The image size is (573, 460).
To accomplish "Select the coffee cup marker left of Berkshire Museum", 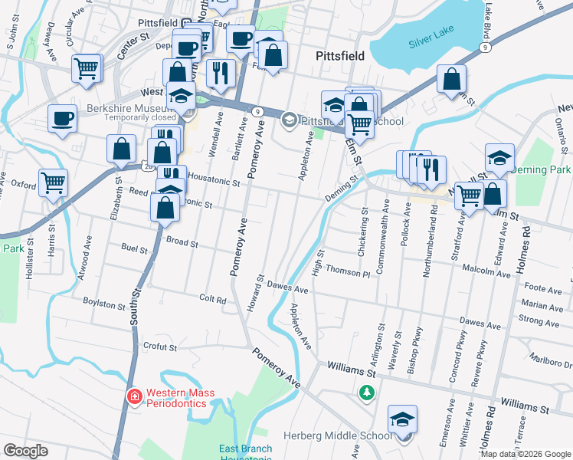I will pos(62,120).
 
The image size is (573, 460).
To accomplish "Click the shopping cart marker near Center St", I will pos(87,68).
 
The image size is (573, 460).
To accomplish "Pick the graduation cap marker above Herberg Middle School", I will pos(402,420).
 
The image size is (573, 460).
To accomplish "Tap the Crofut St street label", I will pos(160,347).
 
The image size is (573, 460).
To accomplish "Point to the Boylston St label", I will pos(104,304).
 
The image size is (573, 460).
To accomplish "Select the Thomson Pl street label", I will pos(347,269).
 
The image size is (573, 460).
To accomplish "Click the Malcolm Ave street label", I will pos(472,268).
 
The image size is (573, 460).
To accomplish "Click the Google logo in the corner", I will pos(26,451).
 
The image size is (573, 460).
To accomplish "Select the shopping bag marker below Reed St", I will pos(165,206).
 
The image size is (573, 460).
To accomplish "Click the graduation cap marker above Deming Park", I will pos(499,158).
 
